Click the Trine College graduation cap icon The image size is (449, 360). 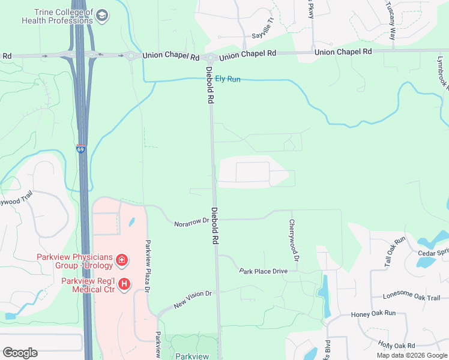[102, 14]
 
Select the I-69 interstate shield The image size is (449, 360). [80, 149]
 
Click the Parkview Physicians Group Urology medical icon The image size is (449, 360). [121, 260]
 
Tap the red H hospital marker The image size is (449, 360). [124, 284]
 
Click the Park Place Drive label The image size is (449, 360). [263, 271]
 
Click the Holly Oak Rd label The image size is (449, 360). [397, 345]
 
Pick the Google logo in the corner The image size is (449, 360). [20, 353]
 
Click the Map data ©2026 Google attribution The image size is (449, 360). [412, 355]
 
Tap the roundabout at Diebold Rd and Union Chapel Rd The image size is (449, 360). [210, 58]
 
